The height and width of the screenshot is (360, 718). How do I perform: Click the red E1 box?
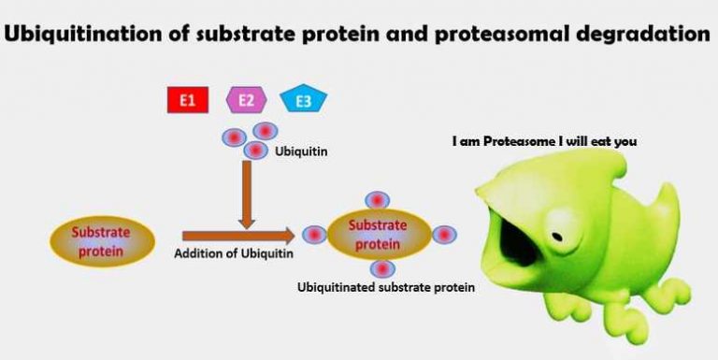tap(187, 99)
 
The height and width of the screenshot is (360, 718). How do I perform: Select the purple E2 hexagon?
tap(247, 99)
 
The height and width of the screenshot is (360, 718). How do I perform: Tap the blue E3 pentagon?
tap(304, 100)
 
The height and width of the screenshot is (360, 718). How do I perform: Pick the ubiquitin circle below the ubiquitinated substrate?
tap(377, 270)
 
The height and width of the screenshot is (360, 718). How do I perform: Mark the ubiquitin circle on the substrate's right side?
tap(445, 235)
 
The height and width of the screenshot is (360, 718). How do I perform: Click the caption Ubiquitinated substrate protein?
tap(385, 288)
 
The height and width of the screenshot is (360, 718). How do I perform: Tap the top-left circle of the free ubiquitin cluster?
tap(234, 137)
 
